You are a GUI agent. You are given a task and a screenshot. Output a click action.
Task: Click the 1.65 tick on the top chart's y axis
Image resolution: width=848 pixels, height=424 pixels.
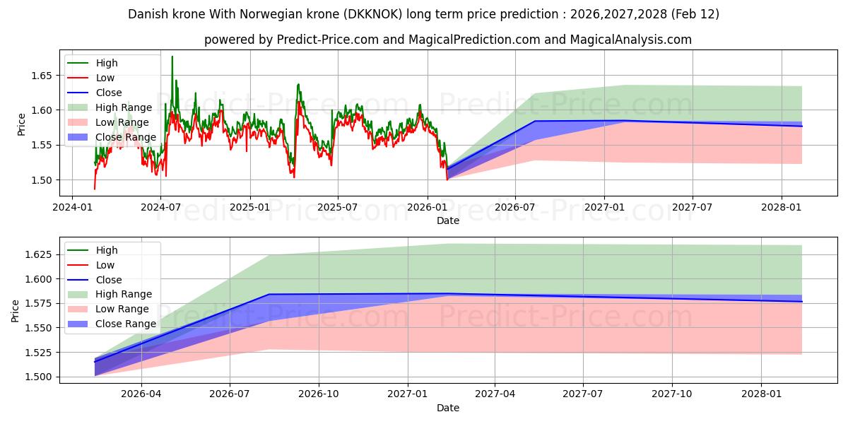click(x=42, y=76)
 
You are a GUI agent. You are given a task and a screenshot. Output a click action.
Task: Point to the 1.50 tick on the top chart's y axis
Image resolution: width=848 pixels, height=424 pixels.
click(x=42, y=180)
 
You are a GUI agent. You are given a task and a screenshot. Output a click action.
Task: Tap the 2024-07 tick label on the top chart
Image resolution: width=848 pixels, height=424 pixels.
click(x=160, y=207)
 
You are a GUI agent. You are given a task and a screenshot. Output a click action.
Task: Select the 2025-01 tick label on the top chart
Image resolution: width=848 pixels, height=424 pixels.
click(x=249, y=207)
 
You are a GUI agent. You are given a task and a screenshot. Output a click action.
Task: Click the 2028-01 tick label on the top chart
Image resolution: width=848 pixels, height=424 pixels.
click(x=782, y=207)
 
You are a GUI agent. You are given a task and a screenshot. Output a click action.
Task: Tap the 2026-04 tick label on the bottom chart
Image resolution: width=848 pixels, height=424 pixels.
click(x=142, y=394)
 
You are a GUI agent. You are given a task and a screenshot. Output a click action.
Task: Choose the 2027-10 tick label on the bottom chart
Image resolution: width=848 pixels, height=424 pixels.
click(x=672, y=394)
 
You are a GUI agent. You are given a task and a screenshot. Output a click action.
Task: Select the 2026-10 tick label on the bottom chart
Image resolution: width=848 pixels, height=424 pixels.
click(x=319, y=394)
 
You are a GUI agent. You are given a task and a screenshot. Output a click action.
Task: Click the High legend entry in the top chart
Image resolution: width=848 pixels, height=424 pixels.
click(x=107, y=64)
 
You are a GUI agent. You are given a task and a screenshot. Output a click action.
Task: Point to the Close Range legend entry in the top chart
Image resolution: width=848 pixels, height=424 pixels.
click(x=126, y=137)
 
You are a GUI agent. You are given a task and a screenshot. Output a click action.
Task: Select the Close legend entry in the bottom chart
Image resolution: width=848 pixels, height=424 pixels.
click(x=109, y=280)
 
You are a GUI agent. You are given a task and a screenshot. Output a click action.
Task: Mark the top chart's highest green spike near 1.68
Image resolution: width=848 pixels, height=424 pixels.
click(x=172, y=57)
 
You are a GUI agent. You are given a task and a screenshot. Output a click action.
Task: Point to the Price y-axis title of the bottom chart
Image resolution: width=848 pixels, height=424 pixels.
click(x=16, y=310)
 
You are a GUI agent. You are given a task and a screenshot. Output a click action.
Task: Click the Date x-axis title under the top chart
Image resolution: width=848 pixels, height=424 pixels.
click(x=447, y=220)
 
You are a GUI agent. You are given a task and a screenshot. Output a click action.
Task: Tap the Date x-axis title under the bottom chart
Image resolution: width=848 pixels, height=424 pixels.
click(x=447, y=408)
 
